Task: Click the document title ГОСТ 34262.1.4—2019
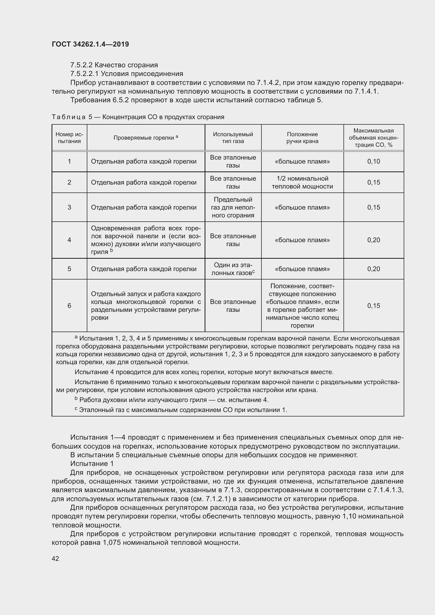(x=90, y=44)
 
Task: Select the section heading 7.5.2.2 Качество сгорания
(x=114, y=65)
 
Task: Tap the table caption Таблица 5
(x=72, y=117)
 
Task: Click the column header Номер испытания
(x=69, y=138)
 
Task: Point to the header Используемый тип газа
(x=233, y=138)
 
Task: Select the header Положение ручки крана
(x=302, y=138)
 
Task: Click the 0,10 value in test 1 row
(x=373, y=161)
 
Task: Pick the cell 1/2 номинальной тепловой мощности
(x=302, y=182)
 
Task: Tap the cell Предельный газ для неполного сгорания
(x=233, y=207)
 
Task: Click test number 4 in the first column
(x=69, y=240)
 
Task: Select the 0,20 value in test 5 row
(x=373, y=269)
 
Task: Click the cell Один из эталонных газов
(x=233, y=269)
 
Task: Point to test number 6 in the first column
(x=69, y=306)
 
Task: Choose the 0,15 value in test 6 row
(x=373, y=306)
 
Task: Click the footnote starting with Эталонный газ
(x=182, y=410)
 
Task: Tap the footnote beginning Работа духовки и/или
(x=173, y=400)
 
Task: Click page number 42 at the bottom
(x=55, y=558)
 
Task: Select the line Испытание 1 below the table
(x=92, y=464)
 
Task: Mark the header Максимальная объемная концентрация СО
(x=373, y=138)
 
